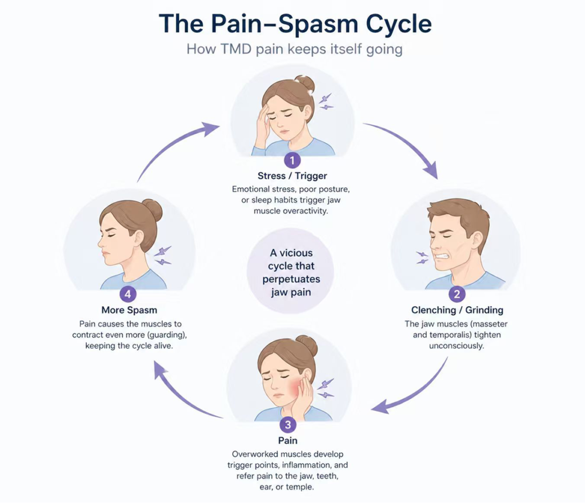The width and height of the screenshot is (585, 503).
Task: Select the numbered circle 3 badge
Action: (287, 425)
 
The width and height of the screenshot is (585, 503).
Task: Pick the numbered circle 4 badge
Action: (129, 294)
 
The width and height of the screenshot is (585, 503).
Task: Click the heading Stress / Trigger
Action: (292, 176)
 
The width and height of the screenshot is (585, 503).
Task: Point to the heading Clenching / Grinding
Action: (457, 310)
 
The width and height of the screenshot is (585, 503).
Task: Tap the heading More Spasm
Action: (129, 311)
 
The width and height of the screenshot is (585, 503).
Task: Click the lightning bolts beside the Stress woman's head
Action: (326, 102)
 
